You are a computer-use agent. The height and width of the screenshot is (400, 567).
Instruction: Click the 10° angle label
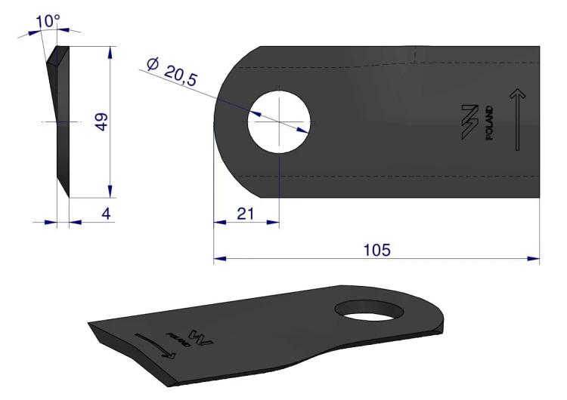pyautogui.click(x=48, y=21)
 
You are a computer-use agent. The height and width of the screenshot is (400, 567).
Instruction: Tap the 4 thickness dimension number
pyautogui.click(x=106, y=214)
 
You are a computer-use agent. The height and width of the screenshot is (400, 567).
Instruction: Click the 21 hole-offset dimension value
pyautogui.click(x=246, y=214)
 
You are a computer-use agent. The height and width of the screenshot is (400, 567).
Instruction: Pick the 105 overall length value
pyautogui.click(x=376, y=250)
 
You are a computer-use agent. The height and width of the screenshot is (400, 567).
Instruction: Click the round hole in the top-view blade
pyautogui.click(x=279, y=122)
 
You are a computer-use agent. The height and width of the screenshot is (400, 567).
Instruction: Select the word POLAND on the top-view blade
pyautogui.click(x=489, y=123)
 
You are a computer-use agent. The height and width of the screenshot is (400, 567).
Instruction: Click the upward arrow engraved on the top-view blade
pyautogui.click(x=517, y=119)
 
